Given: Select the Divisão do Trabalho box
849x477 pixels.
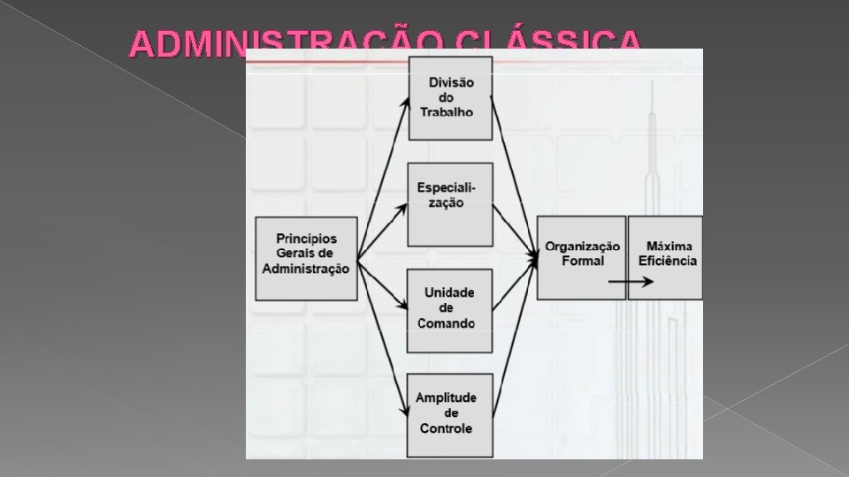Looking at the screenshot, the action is click(x=451, y=97).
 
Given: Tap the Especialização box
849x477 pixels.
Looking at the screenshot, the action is click(x=451, y=204).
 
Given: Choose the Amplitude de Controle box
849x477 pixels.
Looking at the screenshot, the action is click(x=451, y=416).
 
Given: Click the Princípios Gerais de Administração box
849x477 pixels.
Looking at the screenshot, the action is click(x=306, y=258).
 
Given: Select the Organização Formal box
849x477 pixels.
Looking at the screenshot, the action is click(x=581, y=257).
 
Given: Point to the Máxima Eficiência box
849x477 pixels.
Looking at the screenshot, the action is click(x=666, y=257).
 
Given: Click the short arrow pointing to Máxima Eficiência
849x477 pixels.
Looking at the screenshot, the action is click(x=631, y=282).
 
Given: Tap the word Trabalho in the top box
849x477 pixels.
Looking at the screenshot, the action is click(x=447, y=112).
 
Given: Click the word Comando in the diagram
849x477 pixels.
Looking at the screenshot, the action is click(x=447, y=322).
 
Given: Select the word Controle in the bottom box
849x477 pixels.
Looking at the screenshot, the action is click(x=446, y=428).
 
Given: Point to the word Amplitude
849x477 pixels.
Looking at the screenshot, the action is click(x=447, y=397).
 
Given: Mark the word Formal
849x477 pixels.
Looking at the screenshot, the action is click(x=583, y=261).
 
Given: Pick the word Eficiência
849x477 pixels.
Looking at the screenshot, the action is click(x=668, y=261).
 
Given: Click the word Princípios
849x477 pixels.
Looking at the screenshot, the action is click(x=306, y=239).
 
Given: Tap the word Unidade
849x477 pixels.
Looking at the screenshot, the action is click(x=449, y=292).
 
